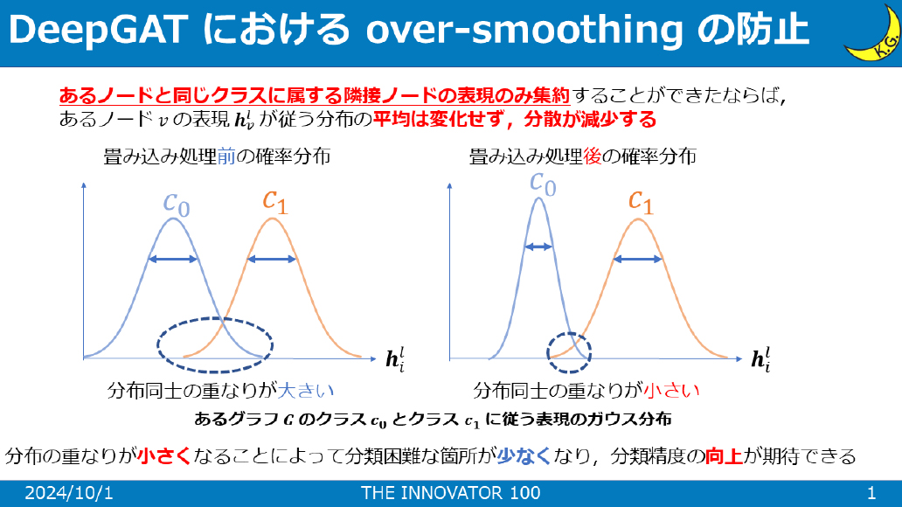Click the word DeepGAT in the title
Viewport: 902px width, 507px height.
click(99, 30)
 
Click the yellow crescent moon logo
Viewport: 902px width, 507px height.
click(874, 33)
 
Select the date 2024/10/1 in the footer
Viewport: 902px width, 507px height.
click(69, 493)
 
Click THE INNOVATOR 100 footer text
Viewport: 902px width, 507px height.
click(450, 493)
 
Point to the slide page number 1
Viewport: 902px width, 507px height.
click(871, 493)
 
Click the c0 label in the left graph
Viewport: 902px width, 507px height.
click(177, 205)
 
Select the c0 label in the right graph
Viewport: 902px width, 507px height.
click(543, 184)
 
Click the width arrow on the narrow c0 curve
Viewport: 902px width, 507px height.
click(538, 247)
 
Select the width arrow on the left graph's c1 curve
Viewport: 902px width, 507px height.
click(272, 260)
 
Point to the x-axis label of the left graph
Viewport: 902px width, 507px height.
click(395, 359)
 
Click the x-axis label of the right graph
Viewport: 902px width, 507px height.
click(761, 359)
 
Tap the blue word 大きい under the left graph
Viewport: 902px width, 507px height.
click(305, 391)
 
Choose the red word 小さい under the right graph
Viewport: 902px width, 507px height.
click(671, 391)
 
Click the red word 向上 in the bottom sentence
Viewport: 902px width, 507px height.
click(724, 456)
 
